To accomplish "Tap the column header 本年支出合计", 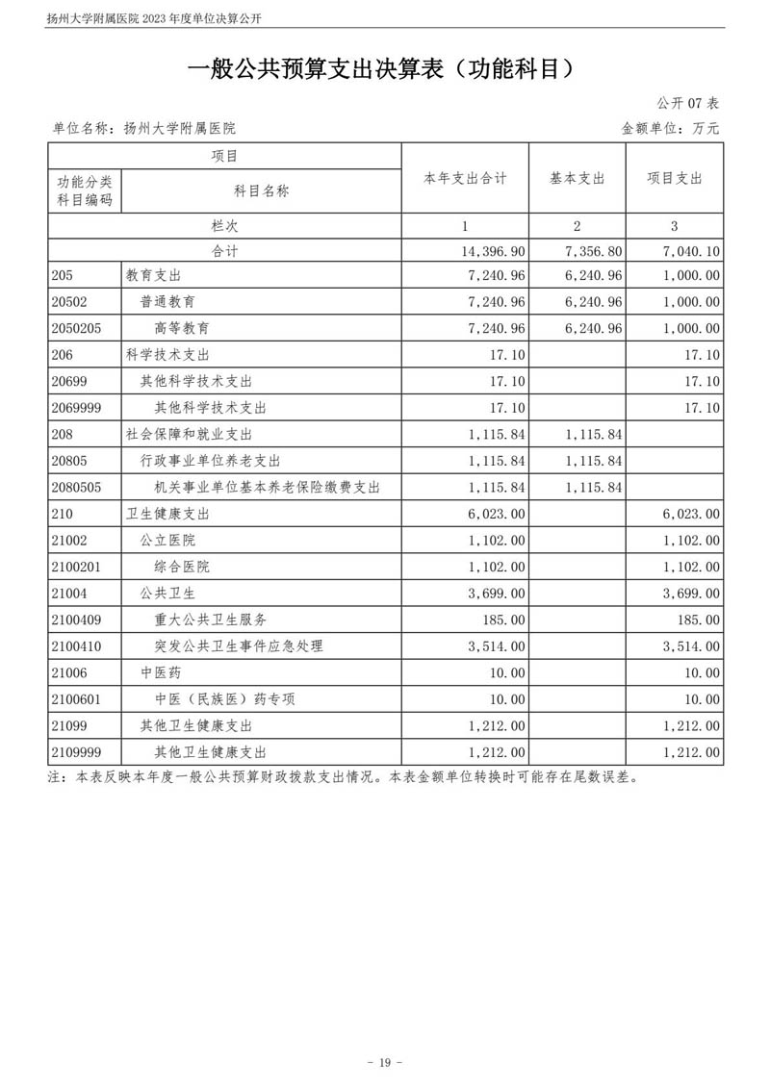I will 465,179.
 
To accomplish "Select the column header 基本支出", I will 577,179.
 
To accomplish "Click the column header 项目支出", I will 674,179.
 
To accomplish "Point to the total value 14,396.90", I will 494,251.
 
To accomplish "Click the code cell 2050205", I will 80,328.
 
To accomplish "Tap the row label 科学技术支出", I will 167,355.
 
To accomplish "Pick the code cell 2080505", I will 80,488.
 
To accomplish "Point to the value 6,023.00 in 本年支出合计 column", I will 497,514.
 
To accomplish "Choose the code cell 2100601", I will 80,699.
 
